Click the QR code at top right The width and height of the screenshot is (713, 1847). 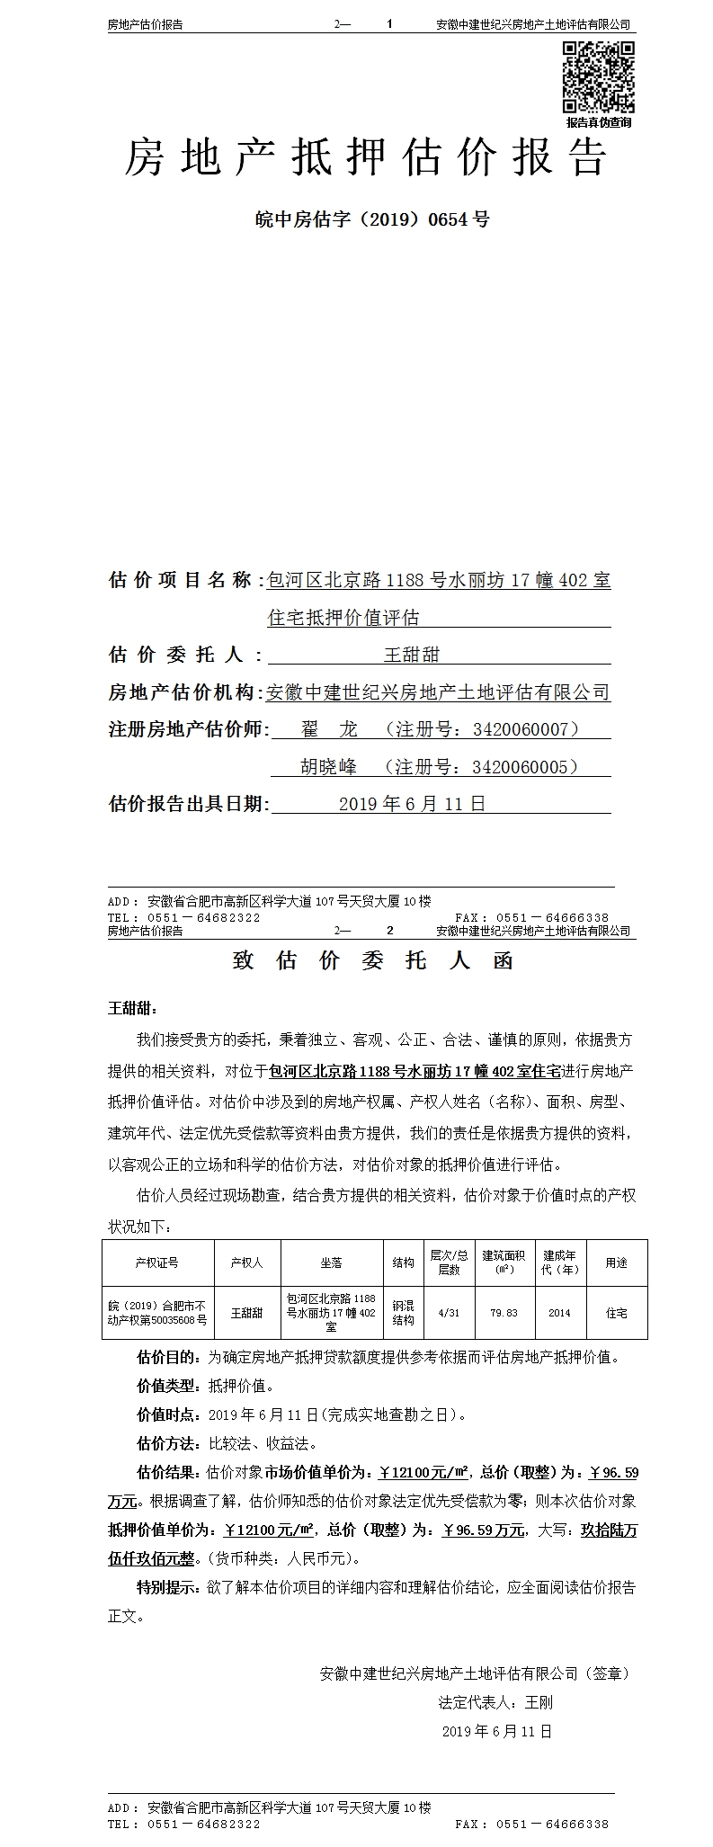coord(599,77)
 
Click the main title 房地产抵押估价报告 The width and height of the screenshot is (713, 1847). coord(365,159)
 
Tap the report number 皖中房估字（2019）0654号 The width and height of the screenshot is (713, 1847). coord(372,219)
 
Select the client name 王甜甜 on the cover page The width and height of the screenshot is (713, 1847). coord(412,655)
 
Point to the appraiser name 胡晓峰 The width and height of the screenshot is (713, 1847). coord(328,767)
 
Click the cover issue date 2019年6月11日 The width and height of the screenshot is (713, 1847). coord(412,804)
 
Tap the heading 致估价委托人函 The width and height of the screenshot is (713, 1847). coord(372,960)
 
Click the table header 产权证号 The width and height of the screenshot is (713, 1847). coord(157,1263)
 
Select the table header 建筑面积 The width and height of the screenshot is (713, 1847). coord(504,1263)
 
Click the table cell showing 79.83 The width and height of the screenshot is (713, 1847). coord(504,1313)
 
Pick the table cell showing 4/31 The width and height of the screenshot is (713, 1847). coord(448,1313)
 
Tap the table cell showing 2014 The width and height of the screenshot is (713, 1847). coord(559,1313)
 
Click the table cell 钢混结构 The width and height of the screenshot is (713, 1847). coord(403,1313)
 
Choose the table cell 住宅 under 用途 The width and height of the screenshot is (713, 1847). coord(616,1313)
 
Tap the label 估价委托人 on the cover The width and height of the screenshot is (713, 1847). coord(185,655)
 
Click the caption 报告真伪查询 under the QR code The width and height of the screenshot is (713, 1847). coord(599,122)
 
